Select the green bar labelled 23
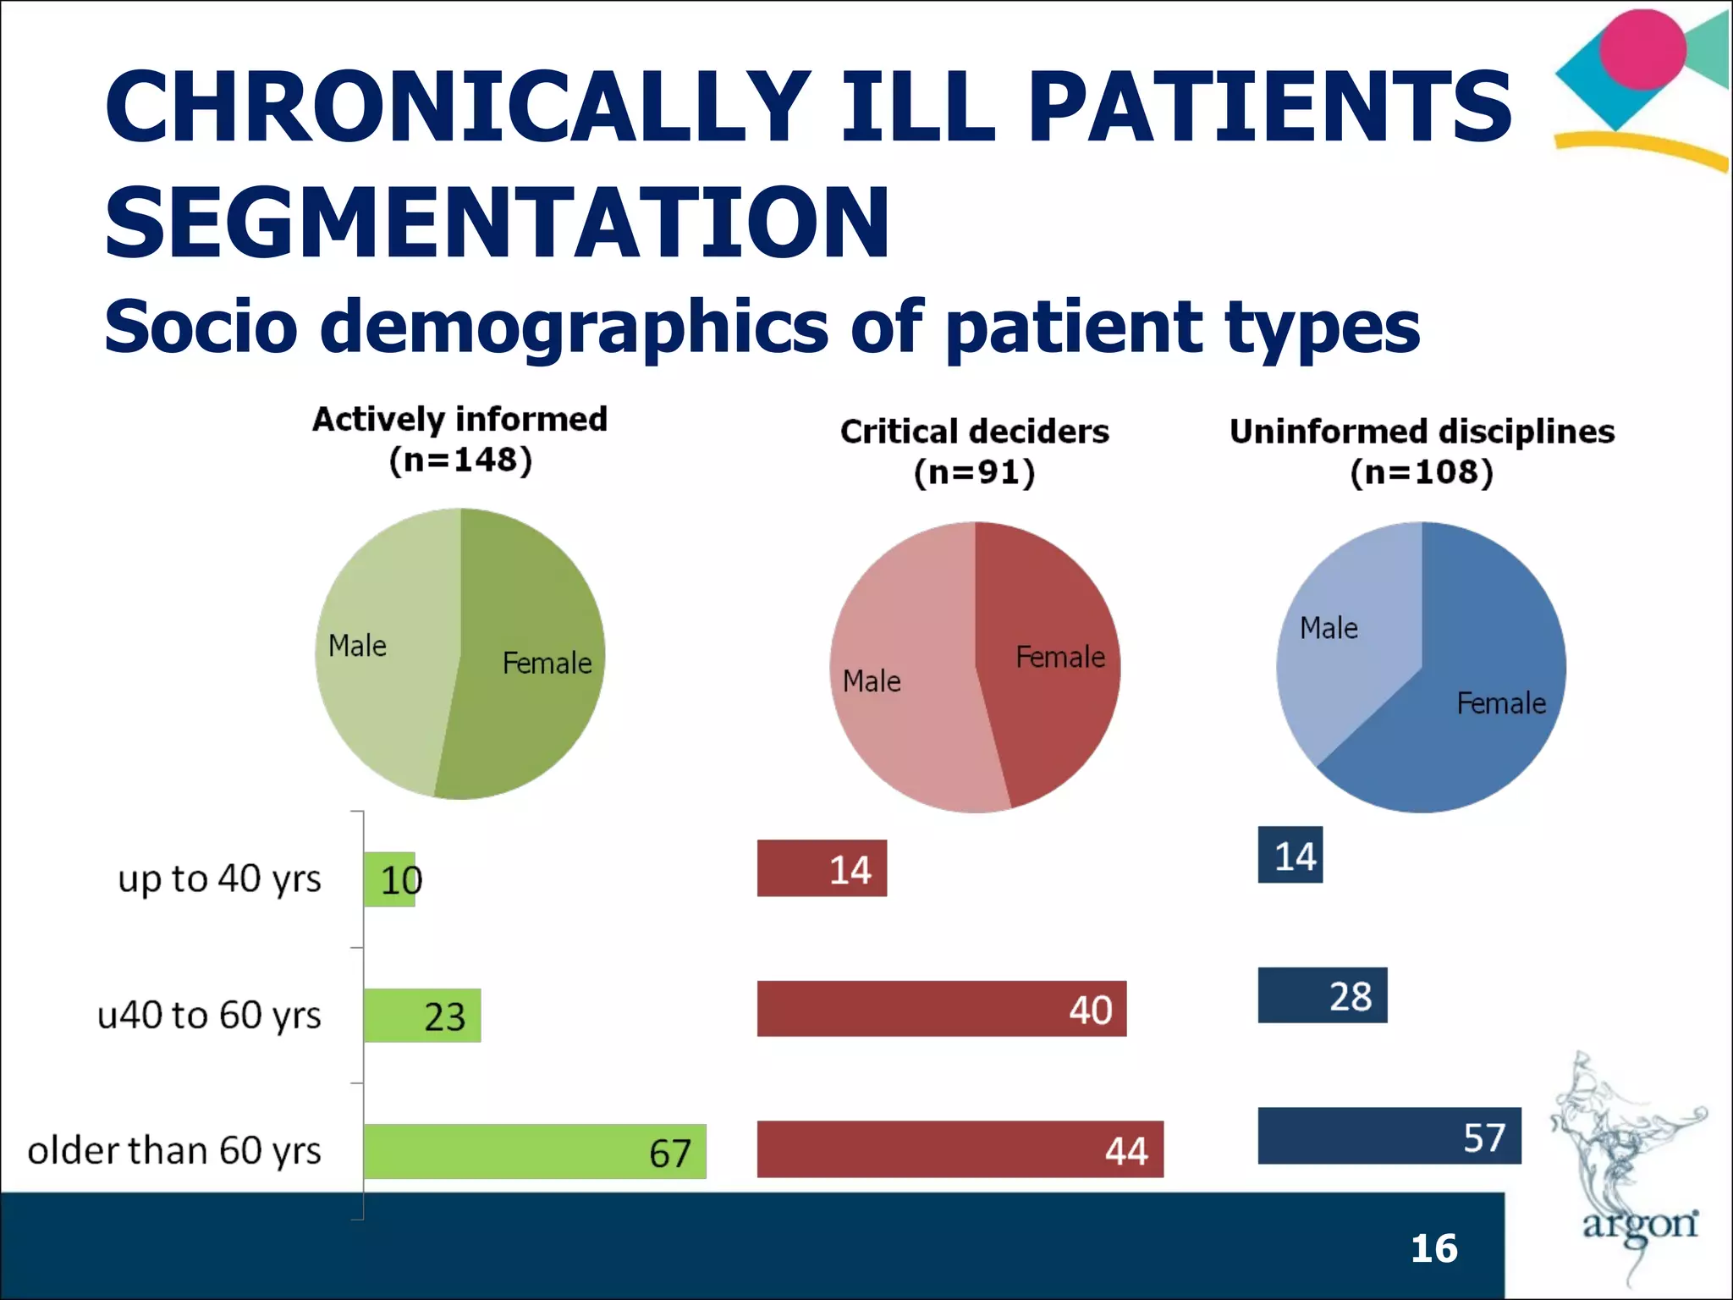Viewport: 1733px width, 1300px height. tap(422, 1015)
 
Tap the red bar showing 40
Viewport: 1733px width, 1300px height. tap(941, 1008)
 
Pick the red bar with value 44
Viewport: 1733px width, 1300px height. tap(960, 1149)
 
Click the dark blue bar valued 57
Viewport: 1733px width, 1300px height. tap(1389, 1135)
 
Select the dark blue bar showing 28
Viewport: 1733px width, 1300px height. tap(1322, 994)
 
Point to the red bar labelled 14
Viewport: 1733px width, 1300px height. tap(822, 868)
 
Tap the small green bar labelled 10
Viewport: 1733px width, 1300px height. tap(389, 879)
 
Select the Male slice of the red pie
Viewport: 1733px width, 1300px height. tap(905, 711)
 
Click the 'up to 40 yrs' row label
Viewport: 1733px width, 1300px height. tap(219, 879)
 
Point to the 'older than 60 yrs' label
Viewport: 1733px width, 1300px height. tap(174, 1151)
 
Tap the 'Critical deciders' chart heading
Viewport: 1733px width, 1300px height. tap(974, 432)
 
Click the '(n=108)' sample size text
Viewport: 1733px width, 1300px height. tap(1422, 471)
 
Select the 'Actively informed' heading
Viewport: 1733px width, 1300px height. tap(459, 419)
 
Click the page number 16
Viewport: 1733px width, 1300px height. tap(1433, 1248)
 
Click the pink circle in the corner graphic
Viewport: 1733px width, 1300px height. tap(1642, 49)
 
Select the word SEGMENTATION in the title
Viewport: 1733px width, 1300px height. tap(497, 222)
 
